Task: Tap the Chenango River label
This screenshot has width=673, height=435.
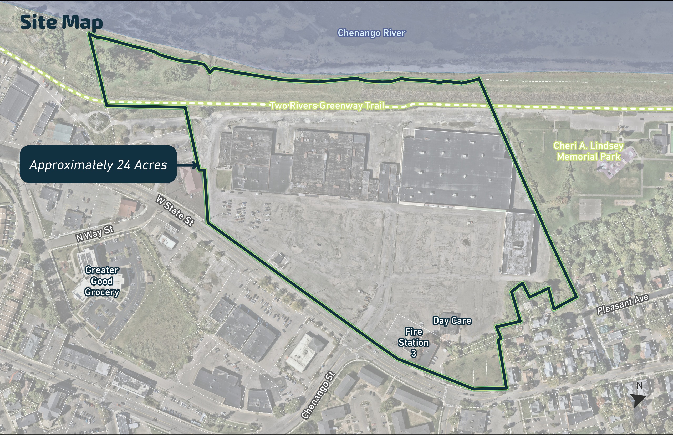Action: point(371,33)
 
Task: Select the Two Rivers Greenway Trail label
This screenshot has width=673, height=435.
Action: point(327,106)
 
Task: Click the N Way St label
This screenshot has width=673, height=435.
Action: point(95,234)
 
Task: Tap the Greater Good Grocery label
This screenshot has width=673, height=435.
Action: point(102,281)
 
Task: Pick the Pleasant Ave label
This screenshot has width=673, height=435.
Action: point(623,304)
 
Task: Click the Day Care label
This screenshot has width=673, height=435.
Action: point(452,320)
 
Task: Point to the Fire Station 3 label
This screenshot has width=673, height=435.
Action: point(414,342)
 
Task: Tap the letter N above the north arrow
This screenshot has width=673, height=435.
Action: point(640,385)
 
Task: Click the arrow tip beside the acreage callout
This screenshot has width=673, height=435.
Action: point(196,165)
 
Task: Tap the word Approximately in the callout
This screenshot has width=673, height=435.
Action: point(72,165)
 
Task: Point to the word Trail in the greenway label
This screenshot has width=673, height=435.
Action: point(375,106)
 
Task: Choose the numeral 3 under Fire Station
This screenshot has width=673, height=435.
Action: point(414,353)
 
